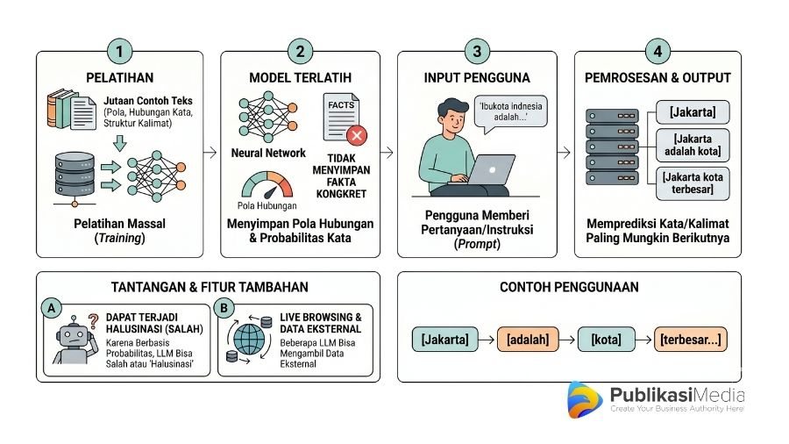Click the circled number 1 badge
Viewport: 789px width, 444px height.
tap(120, 51)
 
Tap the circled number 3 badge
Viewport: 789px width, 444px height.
tap(477, 51)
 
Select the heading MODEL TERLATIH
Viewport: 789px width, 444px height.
tap(301, 77)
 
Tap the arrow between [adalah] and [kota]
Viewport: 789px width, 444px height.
tap(566, 339)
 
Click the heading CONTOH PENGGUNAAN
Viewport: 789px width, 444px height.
tap(568, 287)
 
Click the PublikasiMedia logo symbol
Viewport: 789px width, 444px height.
tap(584, 400)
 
